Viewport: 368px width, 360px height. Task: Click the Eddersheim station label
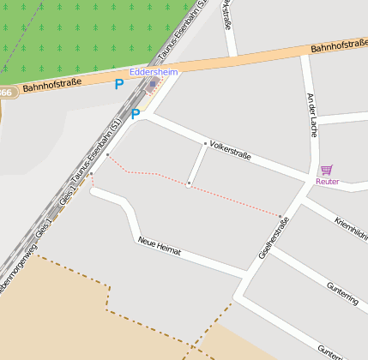tap(154, 73)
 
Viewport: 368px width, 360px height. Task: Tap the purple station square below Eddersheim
tap(153, 84)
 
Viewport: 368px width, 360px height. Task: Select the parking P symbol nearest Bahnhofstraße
tap(119, 84)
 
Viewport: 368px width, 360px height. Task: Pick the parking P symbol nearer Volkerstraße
tap(136, 113)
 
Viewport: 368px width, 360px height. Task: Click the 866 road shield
tap(5, 93)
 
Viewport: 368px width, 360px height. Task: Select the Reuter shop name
tap(327, 181)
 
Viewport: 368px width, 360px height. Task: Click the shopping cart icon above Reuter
tap(326, 170)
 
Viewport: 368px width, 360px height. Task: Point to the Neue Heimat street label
tap(160, 244)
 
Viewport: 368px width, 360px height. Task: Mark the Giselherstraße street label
tap(274, 237)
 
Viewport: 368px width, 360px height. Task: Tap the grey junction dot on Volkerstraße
tap(205, 143)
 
